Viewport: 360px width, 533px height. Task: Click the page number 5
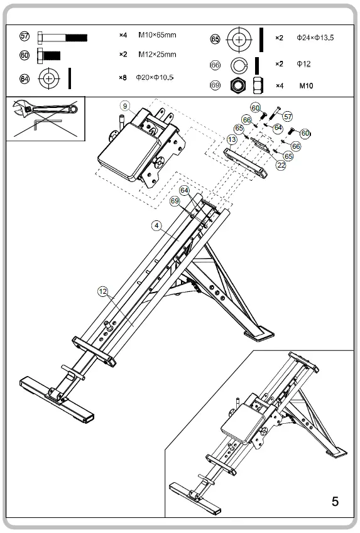pos(335,501)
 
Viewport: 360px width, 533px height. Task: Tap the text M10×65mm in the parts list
pos(157,36)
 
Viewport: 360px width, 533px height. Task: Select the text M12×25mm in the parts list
pos(157,55)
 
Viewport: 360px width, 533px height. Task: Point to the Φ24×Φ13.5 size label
pos(315,38)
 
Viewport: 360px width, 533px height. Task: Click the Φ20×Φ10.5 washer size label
pos(155,78)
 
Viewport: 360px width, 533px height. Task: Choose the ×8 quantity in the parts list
pos(123,78)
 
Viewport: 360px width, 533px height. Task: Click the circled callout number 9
pos(126,105)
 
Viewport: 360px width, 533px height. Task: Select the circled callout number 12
pos(103,291)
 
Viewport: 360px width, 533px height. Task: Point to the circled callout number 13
pos(232,139)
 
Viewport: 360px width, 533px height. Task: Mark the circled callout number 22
pos(281,165)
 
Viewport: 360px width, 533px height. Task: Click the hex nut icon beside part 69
pos(238,84)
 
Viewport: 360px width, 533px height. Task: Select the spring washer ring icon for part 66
pos(239,64)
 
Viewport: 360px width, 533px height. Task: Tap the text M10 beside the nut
pos(307,85)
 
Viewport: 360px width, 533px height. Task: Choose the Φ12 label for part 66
pos(303,64)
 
